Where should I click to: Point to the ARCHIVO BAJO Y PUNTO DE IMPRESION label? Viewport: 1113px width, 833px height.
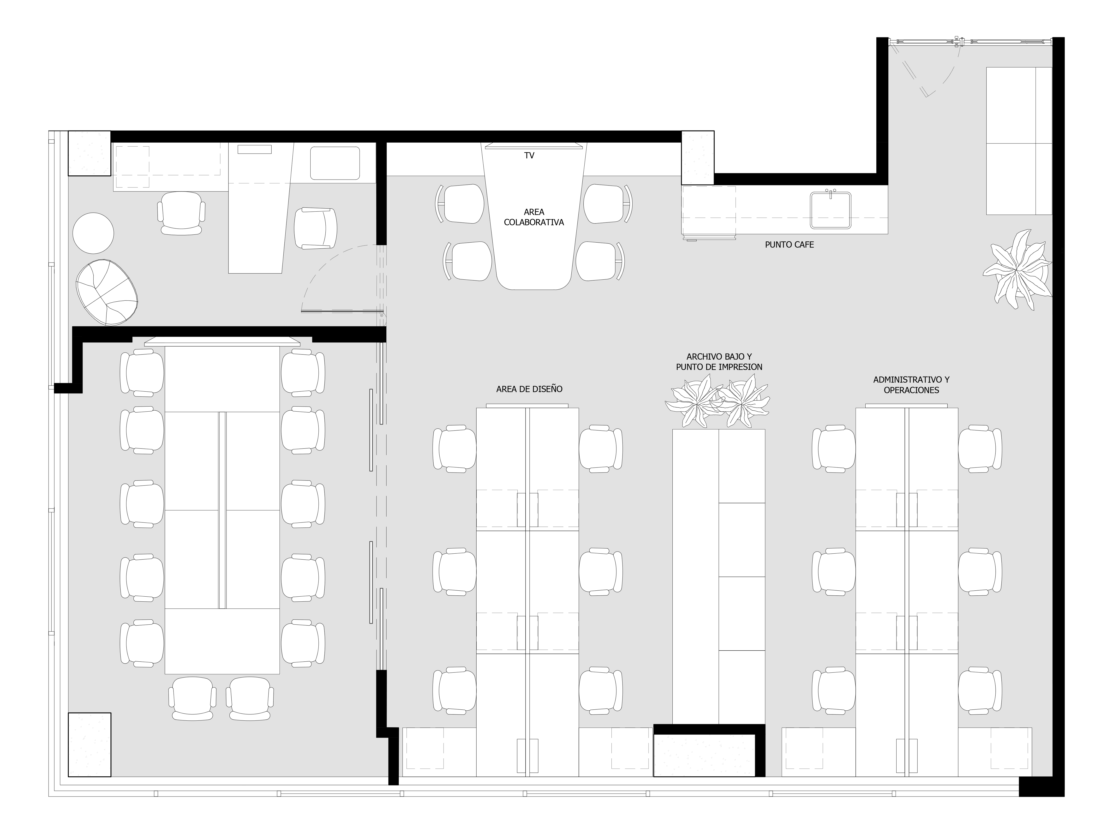[x=719, y=362]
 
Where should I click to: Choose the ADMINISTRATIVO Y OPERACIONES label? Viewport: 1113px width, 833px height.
[x=911, y=385]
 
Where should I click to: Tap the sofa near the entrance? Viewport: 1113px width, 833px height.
[x=1019, y=141]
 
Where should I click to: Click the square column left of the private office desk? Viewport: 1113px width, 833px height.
[x=90, y=154]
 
